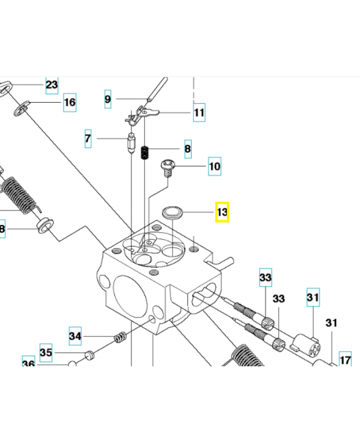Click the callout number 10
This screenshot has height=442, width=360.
click(214, 166)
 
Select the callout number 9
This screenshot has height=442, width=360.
click(108, 99)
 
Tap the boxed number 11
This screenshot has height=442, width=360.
click(199, 113)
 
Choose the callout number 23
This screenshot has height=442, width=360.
click(51, 85)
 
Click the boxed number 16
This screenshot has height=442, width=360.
click(69, 102)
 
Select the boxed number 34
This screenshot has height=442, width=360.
click(75, 335)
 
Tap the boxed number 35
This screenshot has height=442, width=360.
click(46, 352)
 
